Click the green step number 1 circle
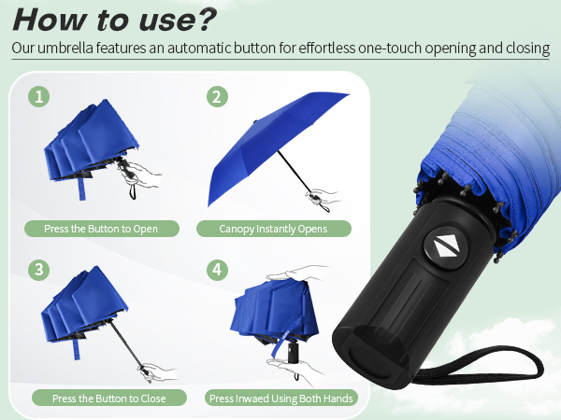point(38,96)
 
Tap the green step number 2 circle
point(218,96)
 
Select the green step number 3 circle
point(38,270)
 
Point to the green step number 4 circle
point(218,270)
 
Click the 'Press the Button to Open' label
point(101,229)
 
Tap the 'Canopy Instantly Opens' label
point(273,229)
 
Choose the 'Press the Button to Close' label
point(108,399)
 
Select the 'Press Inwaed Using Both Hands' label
point(280,399)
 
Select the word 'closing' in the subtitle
point(521,49)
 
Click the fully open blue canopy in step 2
point(271,140)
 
